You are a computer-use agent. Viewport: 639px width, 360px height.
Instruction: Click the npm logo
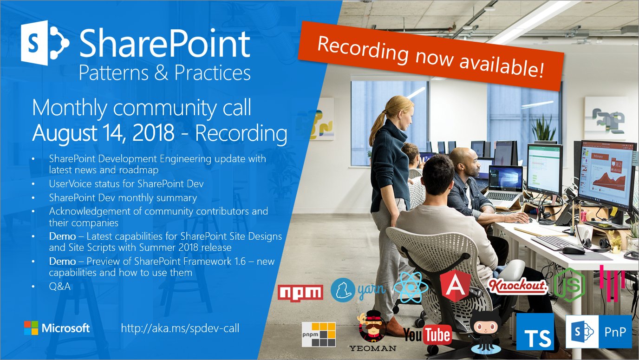[x=300, y=292]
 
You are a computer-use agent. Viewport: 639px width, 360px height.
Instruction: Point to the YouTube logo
[x=427, y=334]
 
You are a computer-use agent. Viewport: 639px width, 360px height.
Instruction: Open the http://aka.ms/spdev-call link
[x=180, y=328]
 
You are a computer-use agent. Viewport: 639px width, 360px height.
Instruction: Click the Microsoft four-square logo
[x=32, y=328]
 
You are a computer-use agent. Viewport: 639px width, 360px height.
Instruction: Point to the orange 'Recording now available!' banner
[x=431, y=56]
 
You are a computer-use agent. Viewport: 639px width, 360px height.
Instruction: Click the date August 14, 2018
[x=103, y=133]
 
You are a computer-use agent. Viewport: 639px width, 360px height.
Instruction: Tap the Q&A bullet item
[x=60, y=286]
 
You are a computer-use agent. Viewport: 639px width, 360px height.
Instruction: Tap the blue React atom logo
[x=411, y=287]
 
